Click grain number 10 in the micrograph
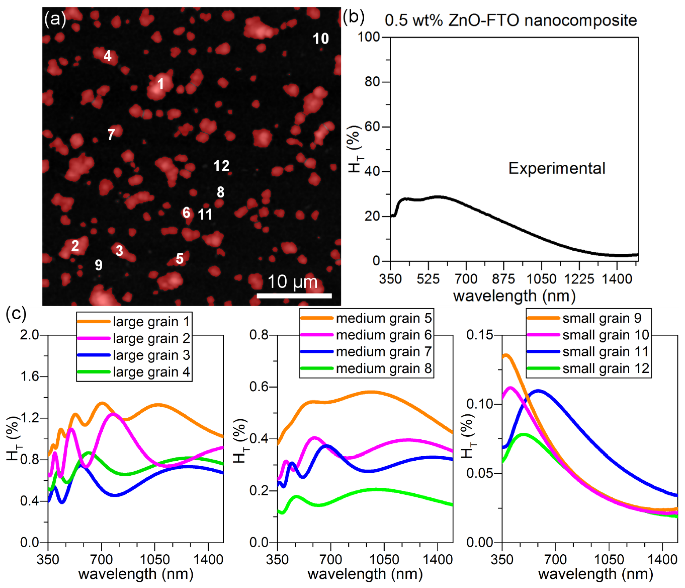click(x=321, y=39)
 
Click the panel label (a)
click(x=55, y=19)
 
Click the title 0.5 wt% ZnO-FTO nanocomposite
click(x=511, y=20)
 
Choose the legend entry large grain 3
click(x=151, y=355)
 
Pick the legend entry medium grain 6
click(x=383, y=335)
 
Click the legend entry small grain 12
click(x=606, y=368)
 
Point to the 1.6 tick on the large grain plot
click(x=29, y=376)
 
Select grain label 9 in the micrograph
click(x=99, y=265)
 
